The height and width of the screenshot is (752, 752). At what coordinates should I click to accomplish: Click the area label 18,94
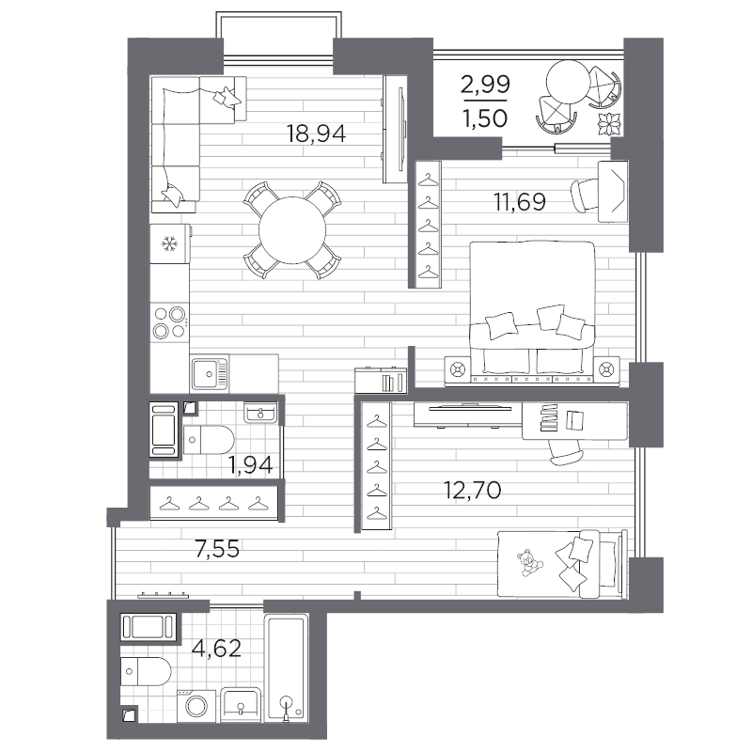point(316,133)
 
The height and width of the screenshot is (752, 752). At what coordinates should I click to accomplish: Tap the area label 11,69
point(520,201)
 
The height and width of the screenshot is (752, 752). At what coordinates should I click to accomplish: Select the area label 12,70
point(473,490)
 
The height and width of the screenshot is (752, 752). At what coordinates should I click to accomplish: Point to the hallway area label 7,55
point(217,548)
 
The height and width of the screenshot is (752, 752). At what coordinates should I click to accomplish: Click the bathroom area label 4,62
point(216,649)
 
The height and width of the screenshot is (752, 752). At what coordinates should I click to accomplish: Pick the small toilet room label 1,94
point(250,464)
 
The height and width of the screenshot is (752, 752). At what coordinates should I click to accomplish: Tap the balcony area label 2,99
point(485,86)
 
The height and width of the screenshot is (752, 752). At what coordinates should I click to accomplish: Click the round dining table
point(292,230)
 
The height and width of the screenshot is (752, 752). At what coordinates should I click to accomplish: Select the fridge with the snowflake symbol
point(170,244)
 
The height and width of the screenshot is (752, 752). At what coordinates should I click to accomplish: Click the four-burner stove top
point(170,322)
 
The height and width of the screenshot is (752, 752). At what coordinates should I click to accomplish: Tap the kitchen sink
point(210,372)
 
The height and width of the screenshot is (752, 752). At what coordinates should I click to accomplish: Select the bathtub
point(287,668)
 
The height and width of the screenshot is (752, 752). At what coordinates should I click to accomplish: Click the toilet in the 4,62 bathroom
point(146,671)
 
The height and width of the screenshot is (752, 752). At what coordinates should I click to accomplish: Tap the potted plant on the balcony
point(609,124)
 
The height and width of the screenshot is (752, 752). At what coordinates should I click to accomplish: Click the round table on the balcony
point(568,82)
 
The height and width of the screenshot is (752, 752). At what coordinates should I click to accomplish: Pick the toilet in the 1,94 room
point(209,439)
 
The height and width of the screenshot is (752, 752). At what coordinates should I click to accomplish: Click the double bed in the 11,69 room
point(532,307)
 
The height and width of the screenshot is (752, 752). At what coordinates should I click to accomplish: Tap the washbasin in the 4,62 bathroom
point(242,704)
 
